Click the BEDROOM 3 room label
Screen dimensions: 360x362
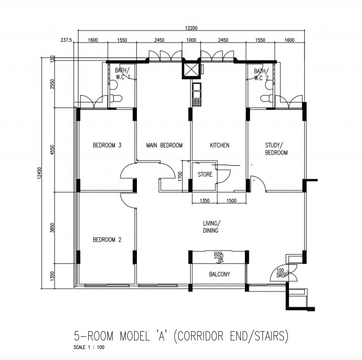tap(107, 145)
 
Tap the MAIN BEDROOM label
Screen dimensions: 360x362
tap(163, 145)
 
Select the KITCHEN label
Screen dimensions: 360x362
tap(219, 145)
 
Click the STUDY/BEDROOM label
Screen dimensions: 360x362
tap(276, 149)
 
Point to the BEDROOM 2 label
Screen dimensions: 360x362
tap(107, 239)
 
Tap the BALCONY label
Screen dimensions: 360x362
tap(218, 275)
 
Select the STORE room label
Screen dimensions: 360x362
tap(205, 175)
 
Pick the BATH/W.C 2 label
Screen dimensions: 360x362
tap(262, 74)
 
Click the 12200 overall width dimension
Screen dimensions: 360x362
tap(191, 28)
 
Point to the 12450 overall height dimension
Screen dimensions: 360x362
tap(40, 175)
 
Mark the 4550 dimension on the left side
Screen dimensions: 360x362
tap(53, 152)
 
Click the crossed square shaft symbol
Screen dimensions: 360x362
tap(191, 70)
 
